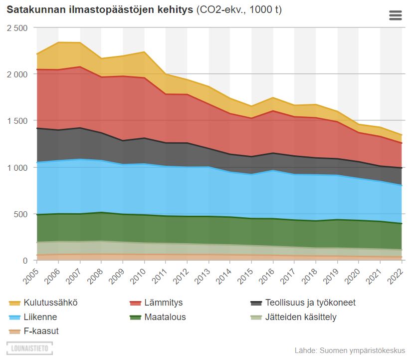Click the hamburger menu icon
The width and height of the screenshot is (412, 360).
click(395, 15)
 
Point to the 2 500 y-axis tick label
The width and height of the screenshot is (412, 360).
click(17, 28)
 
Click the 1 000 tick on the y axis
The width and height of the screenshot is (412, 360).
click(17, 168)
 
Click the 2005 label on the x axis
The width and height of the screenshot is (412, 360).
click(31, 275)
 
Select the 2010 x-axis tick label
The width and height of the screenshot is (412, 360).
click(139, 275)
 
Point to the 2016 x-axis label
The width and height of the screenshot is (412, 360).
click(267, 275)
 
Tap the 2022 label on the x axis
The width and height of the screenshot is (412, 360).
click(396, 275)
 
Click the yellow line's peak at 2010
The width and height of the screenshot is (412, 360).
click(144, 52)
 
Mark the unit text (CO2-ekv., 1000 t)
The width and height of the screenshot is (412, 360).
click(239, 10)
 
